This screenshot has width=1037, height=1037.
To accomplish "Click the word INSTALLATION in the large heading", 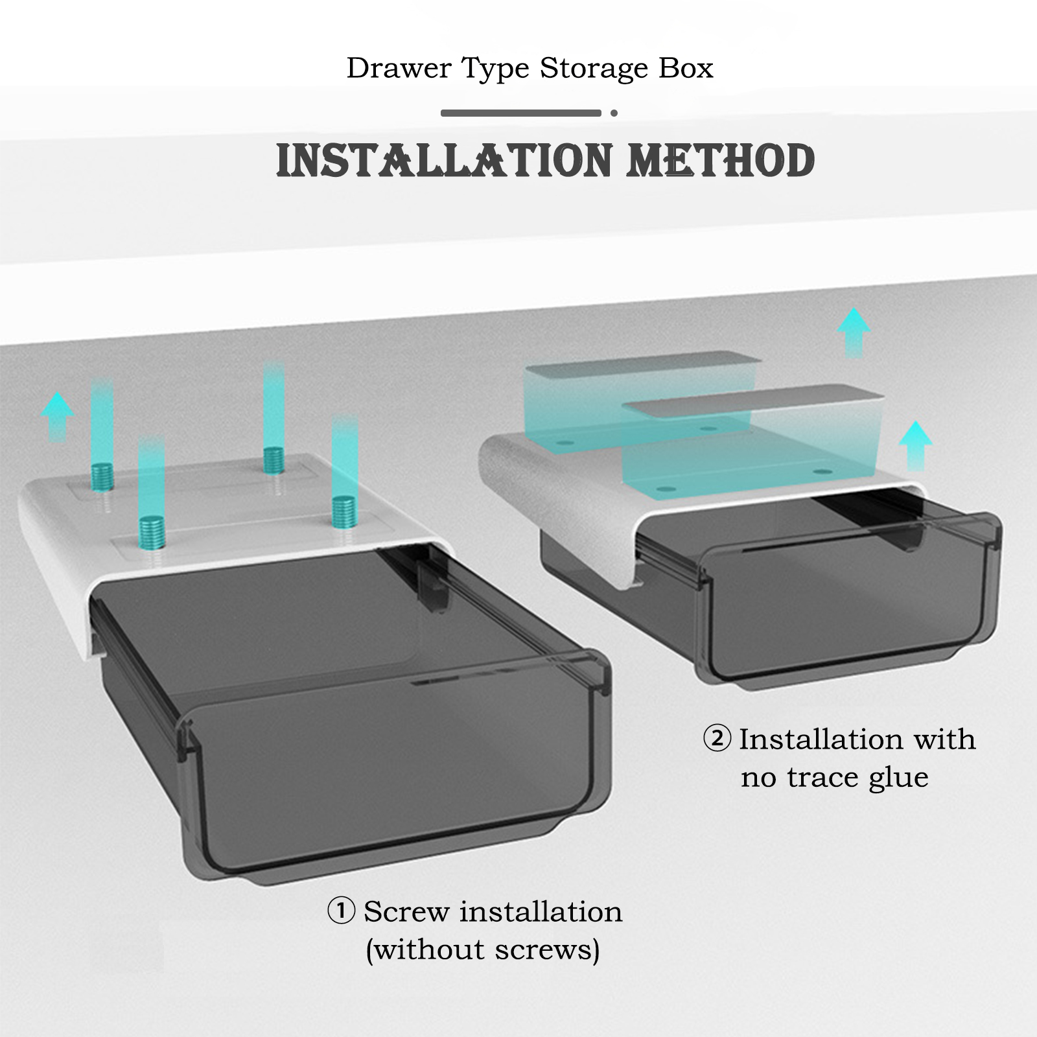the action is pyautogui.click(x=444, y=161).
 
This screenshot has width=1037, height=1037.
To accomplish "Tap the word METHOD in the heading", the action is pyautogui.click(x=721, y=161).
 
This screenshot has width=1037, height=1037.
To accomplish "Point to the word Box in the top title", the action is pyautogui.click(x=686, y=68).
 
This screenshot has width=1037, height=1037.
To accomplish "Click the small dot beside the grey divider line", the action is pyautogui.click(x=614, y=113).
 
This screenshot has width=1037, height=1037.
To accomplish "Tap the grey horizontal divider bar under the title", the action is pyautogui.click(x=521, y=113).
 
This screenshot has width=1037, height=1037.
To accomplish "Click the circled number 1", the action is pyautogui.click(x=341, y=911).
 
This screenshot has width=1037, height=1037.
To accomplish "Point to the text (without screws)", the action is pyautogui.click(x=483, y=950).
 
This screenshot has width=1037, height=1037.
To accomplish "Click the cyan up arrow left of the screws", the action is pyautogui.click(x=58, y=417).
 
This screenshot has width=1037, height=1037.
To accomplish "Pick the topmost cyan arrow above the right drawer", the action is pyautogui.click(x=854, y=332).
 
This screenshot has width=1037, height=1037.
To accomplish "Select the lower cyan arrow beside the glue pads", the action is pyautogui.click(x=915, y=445).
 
